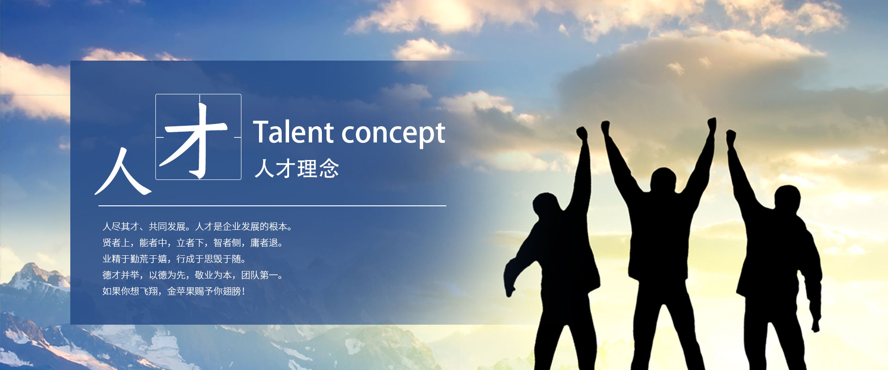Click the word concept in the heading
(394, 135)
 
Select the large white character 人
(123, 171)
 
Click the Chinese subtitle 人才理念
(297, 168)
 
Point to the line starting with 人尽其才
(197, 227)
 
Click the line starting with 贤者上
(193, 243)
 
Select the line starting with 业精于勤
(174, 259)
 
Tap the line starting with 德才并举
(193, 275)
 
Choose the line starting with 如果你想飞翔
(174, 291)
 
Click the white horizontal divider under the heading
(272, 205)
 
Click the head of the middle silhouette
(663, 180)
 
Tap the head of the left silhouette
(546, 205)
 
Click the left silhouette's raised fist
(582, 134)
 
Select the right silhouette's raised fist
(731, 137)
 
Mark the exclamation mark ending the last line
(243, 291)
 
